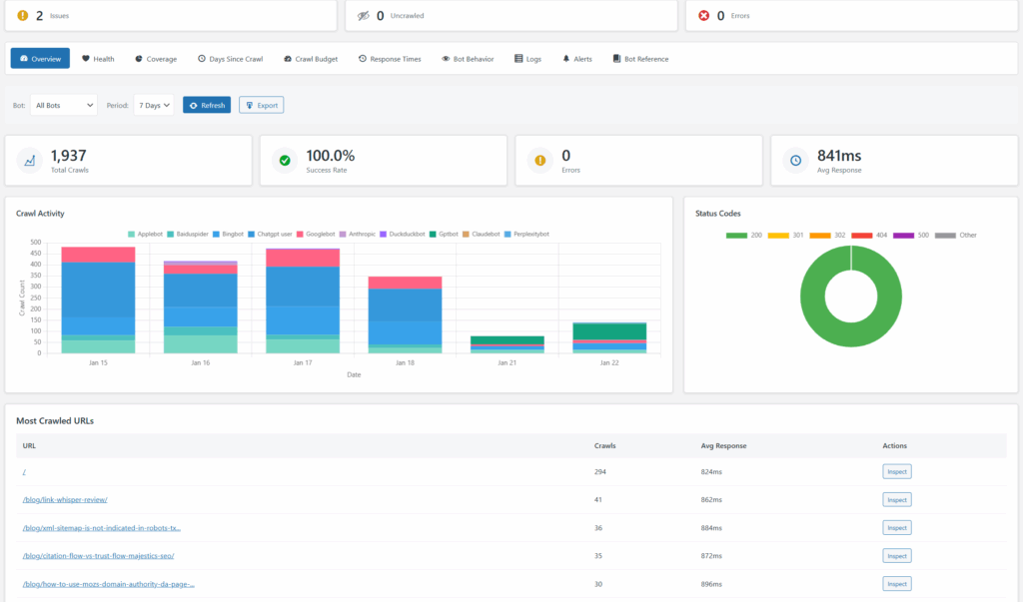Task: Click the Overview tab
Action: pos(40,59)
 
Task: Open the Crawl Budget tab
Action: pos(311,59)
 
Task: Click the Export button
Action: pos(261,105)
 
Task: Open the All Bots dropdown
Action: pos(63,105)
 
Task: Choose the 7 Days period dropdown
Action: pos(154,105)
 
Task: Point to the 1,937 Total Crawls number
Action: pos(68,155)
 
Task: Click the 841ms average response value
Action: pos(838,155)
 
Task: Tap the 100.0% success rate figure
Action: pos(330,155)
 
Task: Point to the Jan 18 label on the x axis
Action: pos(404,364)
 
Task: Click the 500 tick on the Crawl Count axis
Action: pos(36,243)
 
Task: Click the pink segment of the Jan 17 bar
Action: pos(302,258)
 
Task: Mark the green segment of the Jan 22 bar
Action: pos(608,330)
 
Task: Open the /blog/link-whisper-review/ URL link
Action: pos(65,499)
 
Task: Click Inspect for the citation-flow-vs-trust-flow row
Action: pos(896,555)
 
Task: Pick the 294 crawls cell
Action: pos(599,471)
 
